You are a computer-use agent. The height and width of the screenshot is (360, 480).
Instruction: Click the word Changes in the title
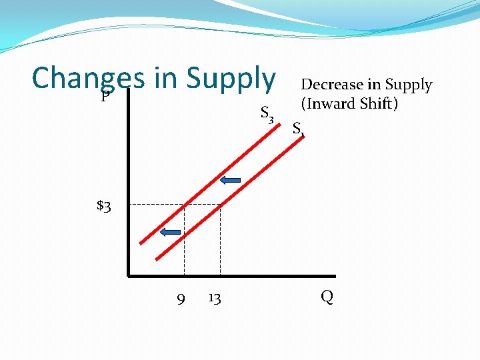pyautogui.click(x=88, y=78)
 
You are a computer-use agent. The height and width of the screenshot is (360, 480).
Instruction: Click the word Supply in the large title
pyautogui.click(x=231, y=78)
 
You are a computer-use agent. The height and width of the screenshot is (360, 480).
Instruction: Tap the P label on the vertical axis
pyautogui.click(x=105, y=97)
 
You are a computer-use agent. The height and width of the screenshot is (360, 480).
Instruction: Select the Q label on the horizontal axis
pyautogui.click(x=327, y=297)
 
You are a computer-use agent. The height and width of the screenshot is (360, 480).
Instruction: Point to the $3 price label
pyautogui.click(x=104, y=205)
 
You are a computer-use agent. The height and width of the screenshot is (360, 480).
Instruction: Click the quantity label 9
pyautogui.click(x=181, y=298)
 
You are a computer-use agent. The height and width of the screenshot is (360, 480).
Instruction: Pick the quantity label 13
pyautogui.click(x=214, y=298)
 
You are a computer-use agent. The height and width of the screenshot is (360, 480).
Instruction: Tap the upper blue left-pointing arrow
pyautogui.click(x=230, y=179)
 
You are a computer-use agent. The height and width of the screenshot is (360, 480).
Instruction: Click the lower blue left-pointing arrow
pyautogui.click(x=171, y=232)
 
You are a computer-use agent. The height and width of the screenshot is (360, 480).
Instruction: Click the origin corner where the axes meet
pyautogui.click(x=128, y=275)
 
